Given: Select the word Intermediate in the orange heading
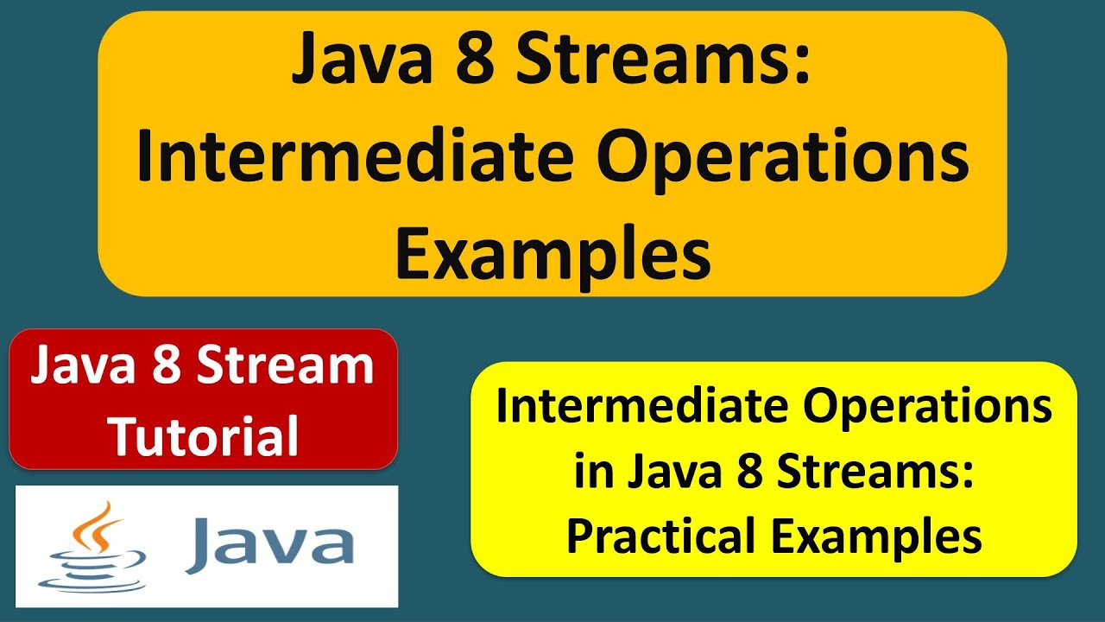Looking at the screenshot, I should click(350, 161).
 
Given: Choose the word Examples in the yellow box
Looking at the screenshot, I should click(876, 536).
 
